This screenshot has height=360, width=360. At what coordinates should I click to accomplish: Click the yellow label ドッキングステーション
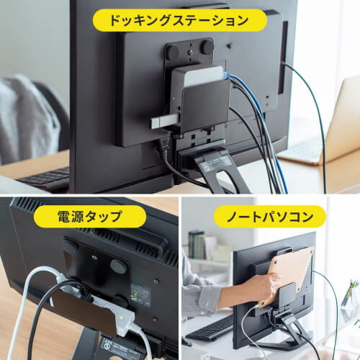pos(180,20)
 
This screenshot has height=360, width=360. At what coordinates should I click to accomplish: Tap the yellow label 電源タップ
pos(89,216)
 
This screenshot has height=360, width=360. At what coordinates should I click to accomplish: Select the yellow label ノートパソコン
pos(270,217)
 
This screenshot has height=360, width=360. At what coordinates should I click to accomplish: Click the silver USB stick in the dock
pos(165,121)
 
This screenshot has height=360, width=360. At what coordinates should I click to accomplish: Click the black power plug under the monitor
pos(163,148)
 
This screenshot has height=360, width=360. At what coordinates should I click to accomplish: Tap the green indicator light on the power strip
pos(122,318)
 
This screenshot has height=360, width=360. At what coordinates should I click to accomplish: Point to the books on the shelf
pos(199,245)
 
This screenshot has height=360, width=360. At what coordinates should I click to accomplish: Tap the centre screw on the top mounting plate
pos(190,52)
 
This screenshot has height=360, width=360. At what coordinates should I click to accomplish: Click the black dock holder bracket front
pos(205,106)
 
